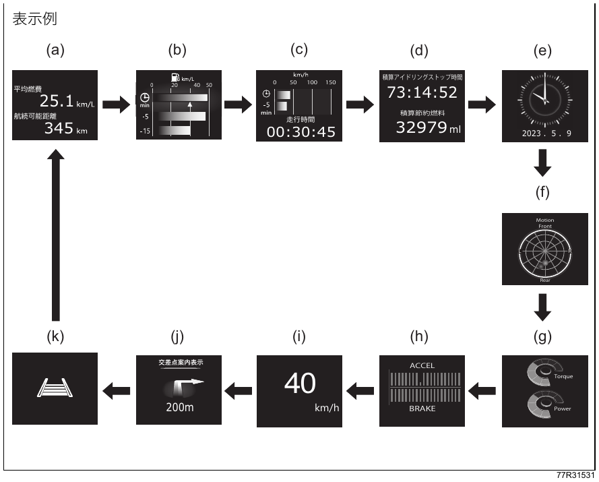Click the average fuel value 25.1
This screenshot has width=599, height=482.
(57, 101)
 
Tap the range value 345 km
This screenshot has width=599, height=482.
(66, 129)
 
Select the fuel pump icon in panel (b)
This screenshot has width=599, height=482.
(176, 78)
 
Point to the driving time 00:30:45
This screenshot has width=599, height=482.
(301, 132)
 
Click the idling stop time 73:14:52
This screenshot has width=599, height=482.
(422, 92)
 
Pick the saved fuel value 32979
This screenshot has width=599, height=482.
(421, 127)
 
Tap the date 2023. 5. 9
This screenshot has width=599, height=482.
(546, 133)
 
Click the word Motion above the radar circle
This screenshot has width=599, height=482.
(544, 220)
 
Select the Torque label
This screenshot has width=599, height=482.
(563, 377)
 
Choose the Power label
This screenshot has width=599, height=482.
(563, 409)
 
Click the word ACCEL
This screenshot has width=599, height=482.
(422, 366)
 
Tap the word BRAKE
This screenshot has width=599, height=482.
(422, 409)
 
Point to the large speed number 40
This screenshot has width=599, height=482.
(300, 384)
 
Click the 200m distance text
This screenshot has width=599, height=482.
(179, 407)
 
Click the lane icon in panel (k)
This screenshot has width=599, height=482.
(55, 388)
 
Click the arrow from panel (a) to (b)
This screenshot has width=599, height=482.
(117, 104)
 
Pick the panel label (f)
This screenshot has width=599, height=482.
(542, 192)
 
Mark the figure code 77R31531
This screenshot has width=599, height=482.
(575, 475)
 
